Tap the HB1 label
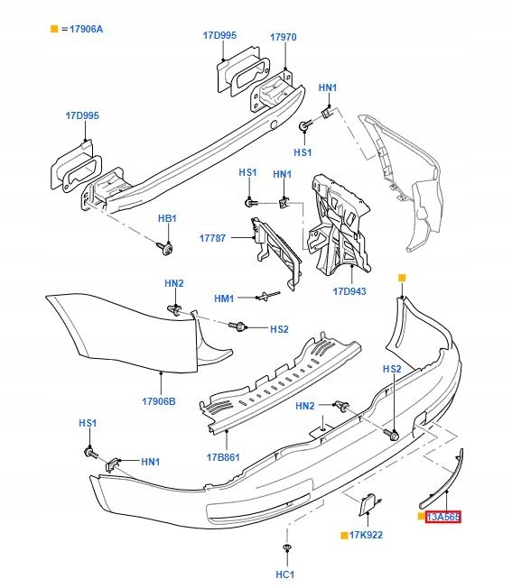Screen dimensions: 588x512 click(x=168, y=219)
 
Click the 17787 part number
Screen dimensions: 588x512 click(x=214, y=238)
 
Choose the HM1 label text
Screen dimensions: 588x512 click(x=224, y=299)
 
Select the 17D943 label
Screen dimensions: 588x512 click(x=349, y=291)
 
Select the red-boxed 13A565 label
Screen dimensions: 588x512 click(x=443, y=517)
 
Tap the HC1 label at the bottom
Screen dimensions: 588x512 click(x=286, y=574)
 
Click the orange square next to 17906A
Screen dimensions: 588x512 click(x=54, y=30)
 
